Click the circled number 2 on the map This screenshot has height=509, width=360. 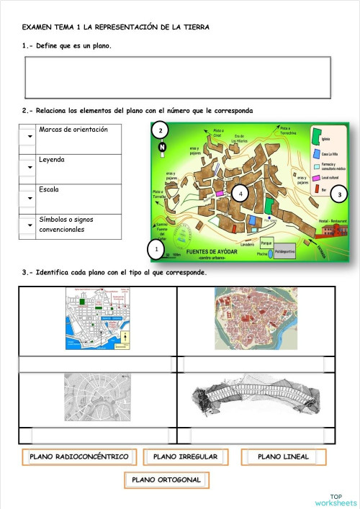coord(161,130)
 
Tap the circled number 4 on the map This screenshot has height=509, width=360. coord(240,194)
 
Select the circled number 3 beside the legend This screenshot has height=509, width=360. coord(341,194)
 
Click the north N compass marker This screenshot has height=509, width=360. coord(162,148)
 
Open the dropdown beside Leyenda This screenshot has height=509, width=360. coord(30,167)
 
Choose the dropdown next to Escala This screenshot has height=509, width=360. coord(30,197)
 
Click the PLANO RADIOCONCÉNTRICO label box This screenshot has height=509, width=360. coord(79,457)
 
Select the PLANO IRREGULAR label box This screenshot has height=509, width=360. coord(186,457)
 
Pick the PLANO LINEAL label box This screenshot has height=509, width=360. coord(283,457)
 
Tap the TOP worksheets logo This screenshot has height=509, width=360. coord(336,500)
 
